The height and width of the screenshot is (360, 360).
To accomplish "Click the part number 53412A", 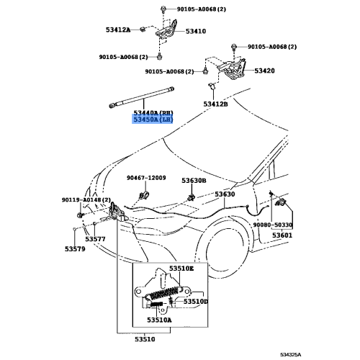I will pyautogui.click(x=114, y=30).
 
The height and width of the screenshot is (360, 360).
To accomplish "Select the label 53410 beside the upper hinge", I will pyautogui.click(x=195, y=32).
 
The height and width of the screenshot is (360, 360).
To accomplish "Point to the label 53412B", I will pyautogui.click(x=215, y=104).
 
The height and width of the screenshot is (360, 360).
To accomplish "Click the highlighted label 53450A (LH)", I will pyautogui.click(x=152, y=122).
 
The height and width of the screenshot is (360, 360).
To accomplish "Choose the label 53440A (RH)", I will pyautogui.click(x=152, y=114).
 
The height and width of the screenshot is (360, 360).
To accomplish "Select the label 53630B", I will pyautogui.click(x=193, y=180).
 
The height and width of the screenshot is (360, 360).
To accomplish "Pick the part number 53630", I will pyautogui.click(x=225, y=194).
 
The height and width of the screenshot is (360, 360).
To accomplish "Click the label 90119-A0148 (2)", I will pyautogui.click(x=86, y=200).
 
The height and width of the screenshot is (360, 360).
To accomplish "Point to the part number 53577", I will pyautogui.click(x=95, y=238).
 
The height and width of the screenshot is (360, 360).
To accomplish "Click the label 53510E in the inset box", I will pyautogui.click(x=181, y=269).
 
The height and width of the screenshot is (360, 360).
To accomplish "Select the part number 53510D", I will pyautogui.click(x=195, y=302).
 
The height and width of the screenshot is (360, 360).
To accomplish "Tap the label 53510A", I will pyautogui.click(x=159, y=320).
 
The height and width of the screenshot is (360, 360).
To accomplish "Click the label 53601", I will pyautogui.click(x=282, y=235).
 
